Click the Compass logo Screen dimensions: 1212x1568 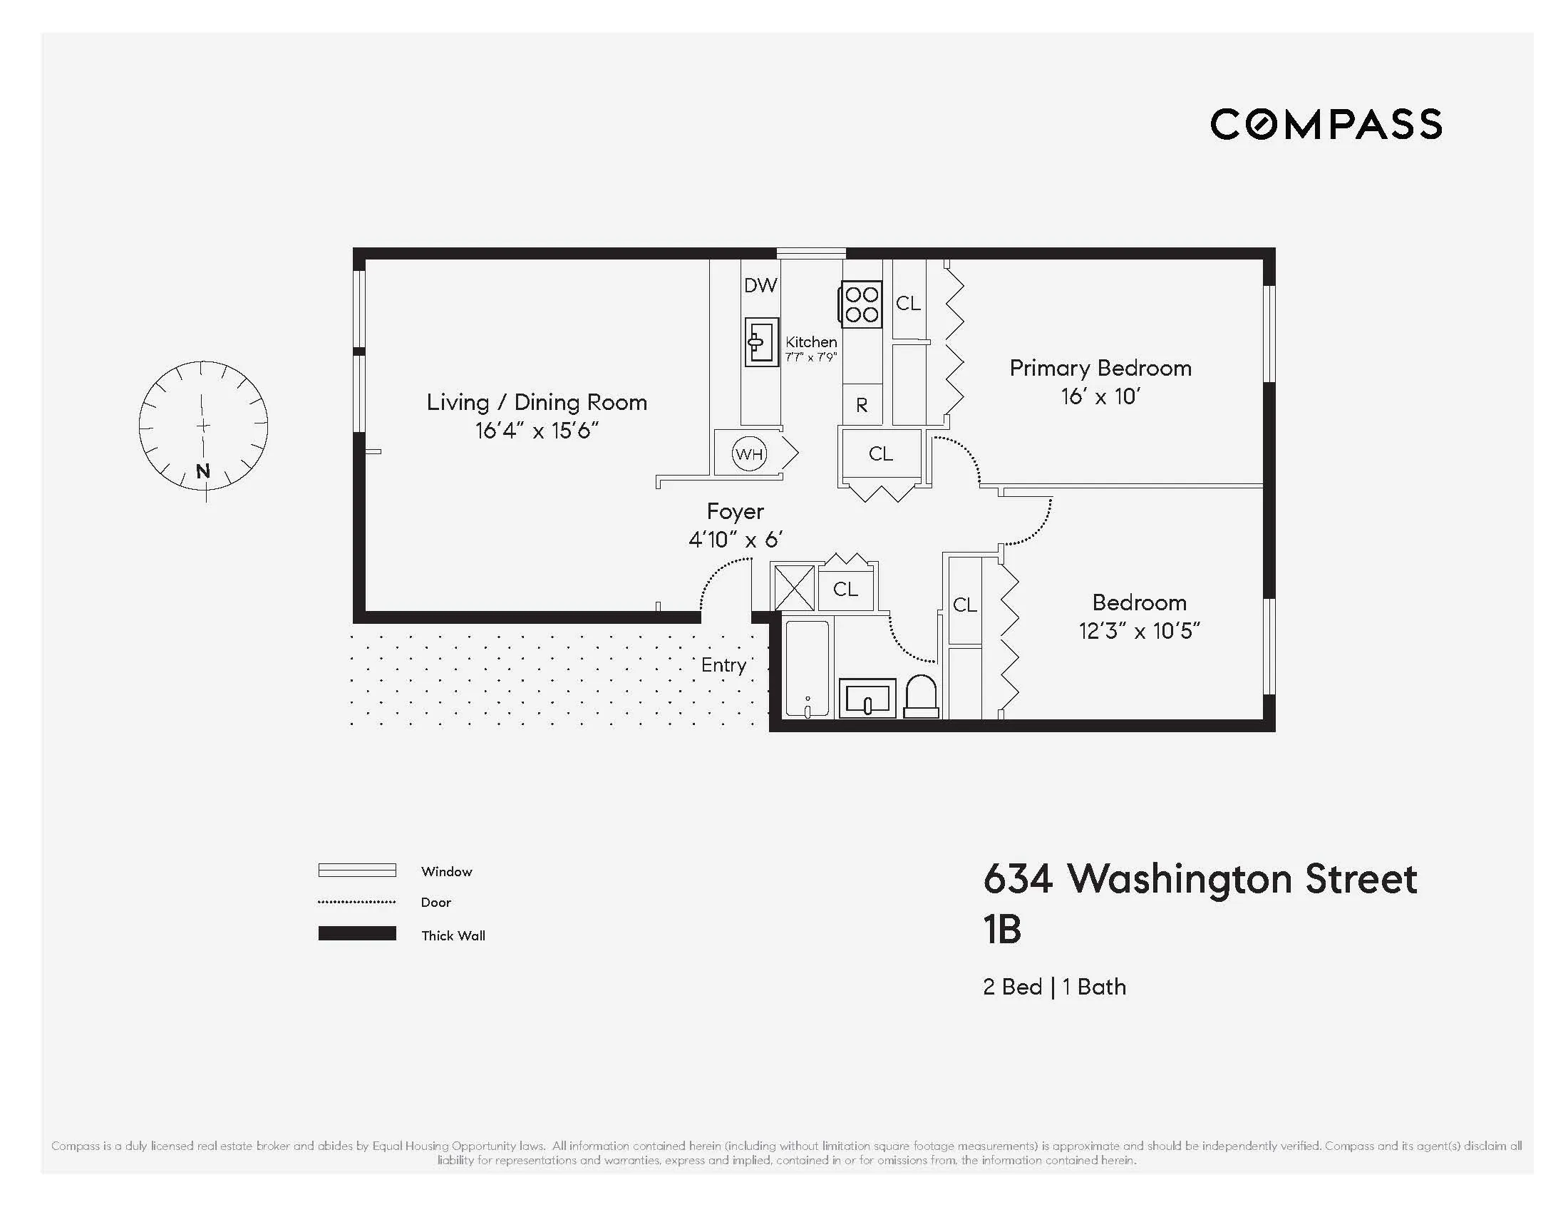click(1326, 124)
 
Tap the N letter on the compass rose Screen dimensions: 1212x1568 click(203, 472)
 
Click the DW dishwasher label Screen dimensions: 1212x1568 click(760, 286)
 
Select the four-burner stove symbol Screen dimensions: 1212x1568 click(861, 304)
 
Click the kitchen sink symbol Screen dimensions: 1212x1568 click(761, 342)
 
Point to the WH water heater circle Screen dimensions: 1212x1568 click(749, 453)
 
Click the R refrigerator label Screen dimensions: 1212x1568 click(862, 406)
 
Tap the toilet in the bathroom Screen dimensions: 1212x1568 click(921, 697)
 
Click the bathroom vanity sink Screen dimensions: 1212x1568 click(867, 698)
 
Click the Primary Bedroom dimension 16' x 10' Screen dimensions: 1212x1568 click(1100, 396)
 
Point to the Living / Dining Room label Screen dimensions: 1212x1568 click(536, 402)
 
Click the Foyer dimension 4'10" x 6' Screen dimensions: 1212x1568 click(736, 539)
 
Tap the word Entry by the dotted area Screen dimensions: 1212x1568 click(723, 665)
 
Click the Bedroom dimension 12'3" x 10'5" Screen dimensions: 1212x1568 click(1140, 631)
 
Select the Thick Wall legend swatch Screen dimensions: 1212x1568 click(357, 933)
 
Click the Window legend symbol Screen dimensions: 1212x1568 click(357, 871)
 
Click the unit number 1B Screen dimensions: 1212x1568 click(1001, 930)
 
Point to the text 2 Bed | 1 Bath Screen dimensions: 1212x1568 click(1054, 987)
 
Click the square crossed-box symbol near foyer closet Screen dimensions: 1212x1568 click(793, 588)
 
